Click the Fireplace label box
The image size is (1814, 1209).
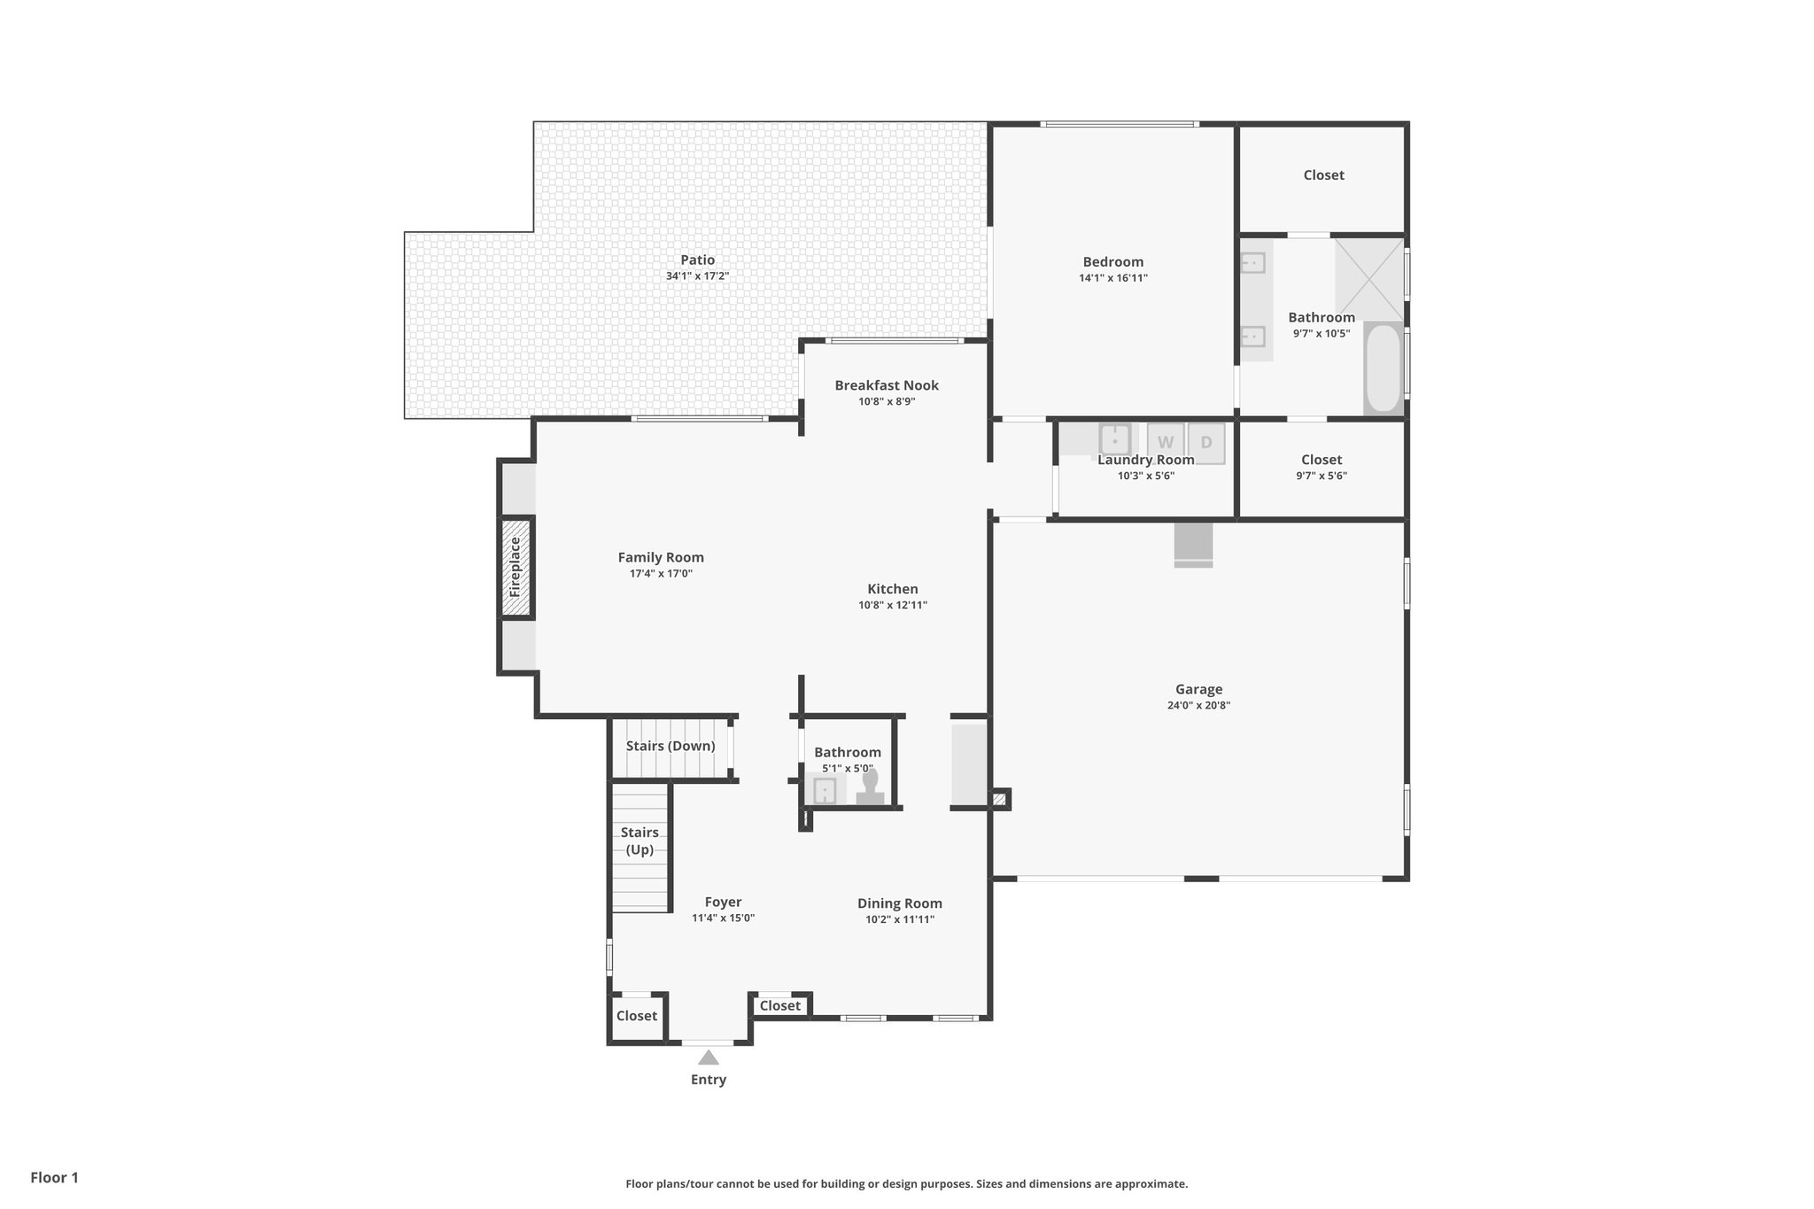click(516, 567)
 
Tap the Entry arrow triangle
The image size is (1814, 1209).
click(708, 1058)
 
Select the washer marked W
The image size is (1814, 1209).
click(1165, 442)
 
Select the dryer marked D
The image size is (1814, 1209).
click(1206, 442)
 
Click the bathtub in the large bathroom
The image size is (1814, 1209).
click(1383, 368)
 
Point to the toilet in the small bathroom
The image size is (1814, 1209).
click(871, 787)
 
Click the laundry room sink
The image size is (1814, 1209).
click(1114, 438)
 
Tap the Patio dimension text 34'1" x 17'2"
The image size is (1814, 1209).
click(697, 276)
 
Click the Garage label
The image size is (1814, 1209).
click(1198, 689)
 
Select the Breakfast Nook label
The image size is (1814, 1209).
click(886, 385)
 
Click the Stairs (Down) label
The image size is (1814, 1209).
click(671, 746)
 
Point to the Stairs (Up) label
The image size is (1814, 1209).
click(640, 841)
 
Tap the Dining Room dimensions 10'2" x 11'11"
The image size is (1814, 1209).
click(900, 919)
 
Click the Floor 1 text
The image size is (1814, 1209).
click(55, 1177)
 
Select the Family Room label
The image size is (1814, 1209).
click(661, 557)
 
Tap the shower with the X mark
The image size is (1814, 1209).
click(1368, 278)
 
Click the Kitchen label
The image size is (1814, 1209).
click(892, 589)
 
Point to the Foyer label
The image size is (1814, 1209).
click(723, 903)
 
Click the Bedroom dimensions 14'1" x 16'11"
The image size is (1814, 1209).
click(1112, 278)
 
